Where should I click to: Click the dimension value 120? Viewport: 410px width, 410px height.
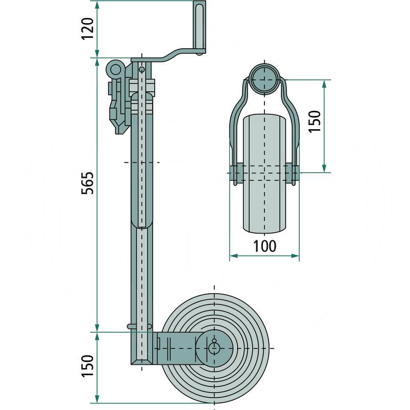(88, 29)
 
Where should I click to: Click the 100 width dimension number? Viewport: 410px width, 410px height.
(264, 246)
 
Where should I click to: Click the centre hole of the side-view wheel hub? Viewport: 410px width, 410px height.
(214, 347)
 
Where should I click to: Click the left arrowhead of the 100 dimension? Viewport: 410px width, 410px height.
(232, 255)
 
